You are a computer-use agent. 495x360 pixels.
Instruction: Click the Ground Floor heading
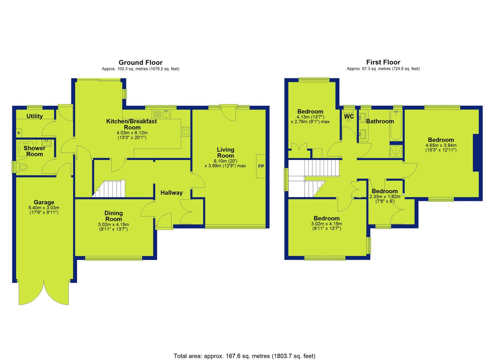point(141,63)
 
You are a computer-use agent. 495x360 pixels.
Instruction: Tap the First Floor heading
point(383,62)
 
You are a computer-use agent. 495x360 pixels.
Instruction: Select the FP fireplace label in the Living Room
point(261,166)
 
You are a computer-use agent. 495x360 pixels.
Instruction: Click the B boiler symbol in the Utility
point(19,133)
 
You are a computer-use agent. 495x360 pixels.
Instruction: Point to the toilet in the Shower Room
point(23,167)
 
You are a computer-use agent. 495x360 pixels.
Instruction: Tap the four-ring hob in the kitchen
point(186,132)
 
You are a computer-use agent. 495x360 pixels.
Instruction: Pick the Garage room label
point(44,202)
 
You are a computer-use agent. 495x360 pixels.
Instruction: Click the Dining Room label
point(113,216)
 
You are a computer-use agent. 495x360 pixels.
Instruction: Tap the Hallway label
point(171,193)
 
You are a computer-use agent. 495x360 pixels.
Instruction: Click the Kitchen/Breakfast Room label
point(132,124)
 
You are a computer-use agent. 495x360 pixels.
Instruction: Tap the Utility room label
point(34,116)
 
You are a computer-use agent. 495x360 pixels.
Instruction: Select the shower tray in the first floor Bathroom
point(396,151)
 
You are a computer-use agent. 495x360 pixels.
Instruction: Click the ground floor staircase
point(109,189)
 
